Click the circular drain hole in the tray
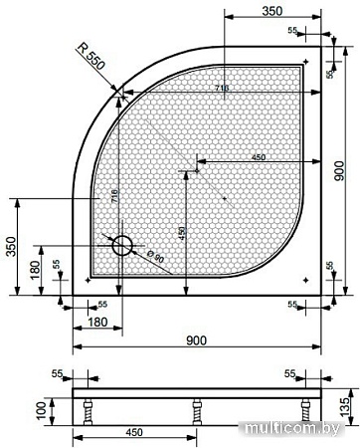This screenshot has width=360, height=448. [x=123, y=244]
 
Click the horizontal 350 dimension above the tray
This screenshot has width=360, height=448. [x=263, y=11]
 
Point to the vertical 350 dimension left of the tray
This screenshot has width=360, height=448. [x=9, y=245]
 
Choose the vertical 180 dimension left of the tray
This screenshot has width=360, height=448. [x=36, y=271]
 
